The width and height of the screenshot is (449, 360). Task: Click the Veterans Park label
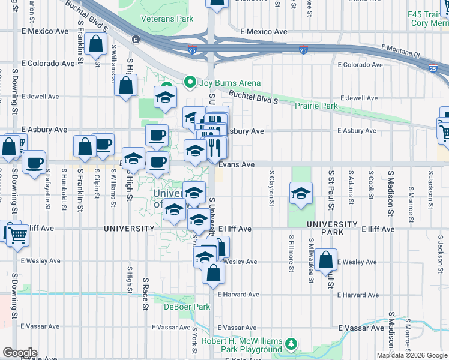click(x=167, y=19)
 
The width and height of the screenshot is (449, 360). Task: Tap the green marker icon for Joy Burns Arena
click(x=190, y=82)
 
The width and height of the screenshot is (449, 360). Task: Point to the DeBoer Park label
click(x=187, y=307)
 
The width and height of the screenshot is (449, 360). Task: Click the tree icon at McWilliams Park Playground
click(x=291, y=343)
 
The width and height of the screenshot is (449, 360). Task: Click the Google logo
click(x=20, y=353)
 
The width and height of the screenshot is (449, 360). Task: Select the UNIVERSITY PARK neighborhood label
click(x=331, y=224)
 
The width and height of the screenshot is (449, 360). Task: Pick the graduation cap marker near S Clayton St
click(x=301, y=193)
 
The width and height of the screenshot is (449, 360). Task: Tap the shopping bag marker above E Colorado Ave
click(x=96, y=44)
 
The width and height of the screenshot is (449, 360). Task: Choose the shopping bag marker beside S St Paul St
click(x=326, y=260)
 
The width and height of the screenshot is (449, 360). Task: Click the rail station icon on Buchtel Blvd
click(x=136, y=40)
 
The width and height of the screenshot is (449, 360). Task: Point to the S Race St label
click(x=145, y=294)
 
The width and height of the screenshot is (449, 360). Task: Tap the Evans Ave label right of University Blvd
click(x=237, y=164)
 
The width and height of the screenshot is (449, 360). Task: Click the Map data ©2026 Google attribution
click(x=412, y=355)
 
